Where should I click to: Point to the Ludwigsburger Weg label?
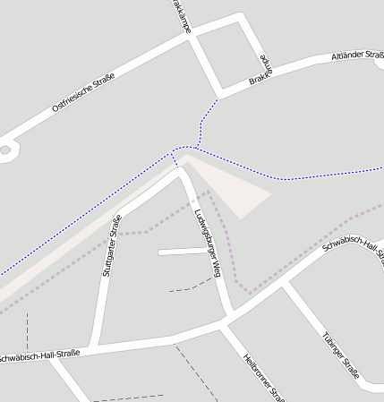pos(208,242)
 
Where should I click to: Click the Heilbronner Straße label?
pos(263,377)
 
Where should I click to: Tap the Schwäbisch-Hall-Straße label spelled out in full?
pos(40,355)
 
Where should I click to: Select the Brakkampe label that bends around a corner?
pos(260,71)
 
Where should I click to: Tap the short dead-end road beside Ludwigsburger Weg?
pos(182,252)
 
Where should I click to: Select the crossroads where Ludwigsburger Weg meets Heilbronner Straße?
pos(229,323)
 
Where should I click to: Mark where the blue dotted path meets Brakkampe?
pos(218,94)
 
